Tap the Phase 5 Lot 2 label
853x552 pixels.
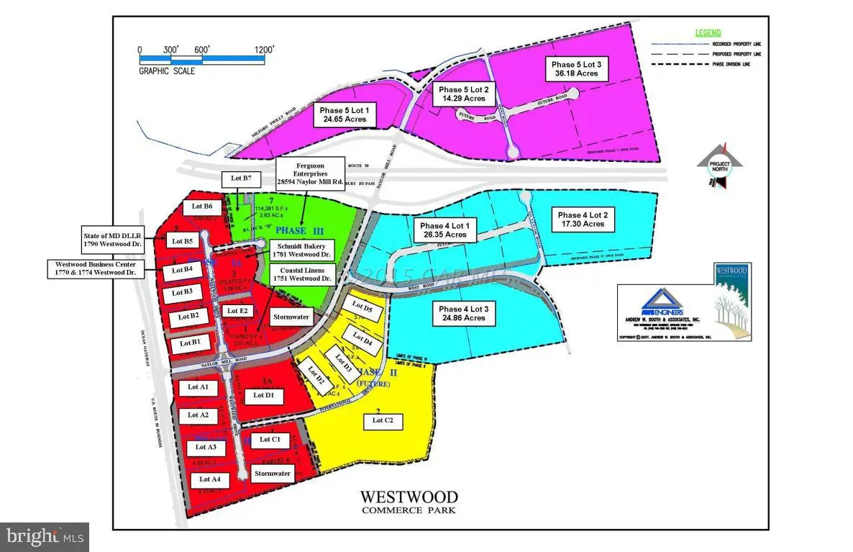(464, 94)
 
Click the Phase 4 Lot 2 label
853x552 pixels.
(583, 220)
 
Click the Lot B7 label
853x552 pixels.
(236, 178)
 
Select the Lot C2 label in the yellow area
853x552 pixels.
(382, 420)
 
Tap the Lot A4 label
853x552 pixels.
(209, 479)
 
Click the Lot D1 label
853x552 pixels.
(264, 395)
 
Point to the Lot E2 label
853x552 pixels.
(237, 311)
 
